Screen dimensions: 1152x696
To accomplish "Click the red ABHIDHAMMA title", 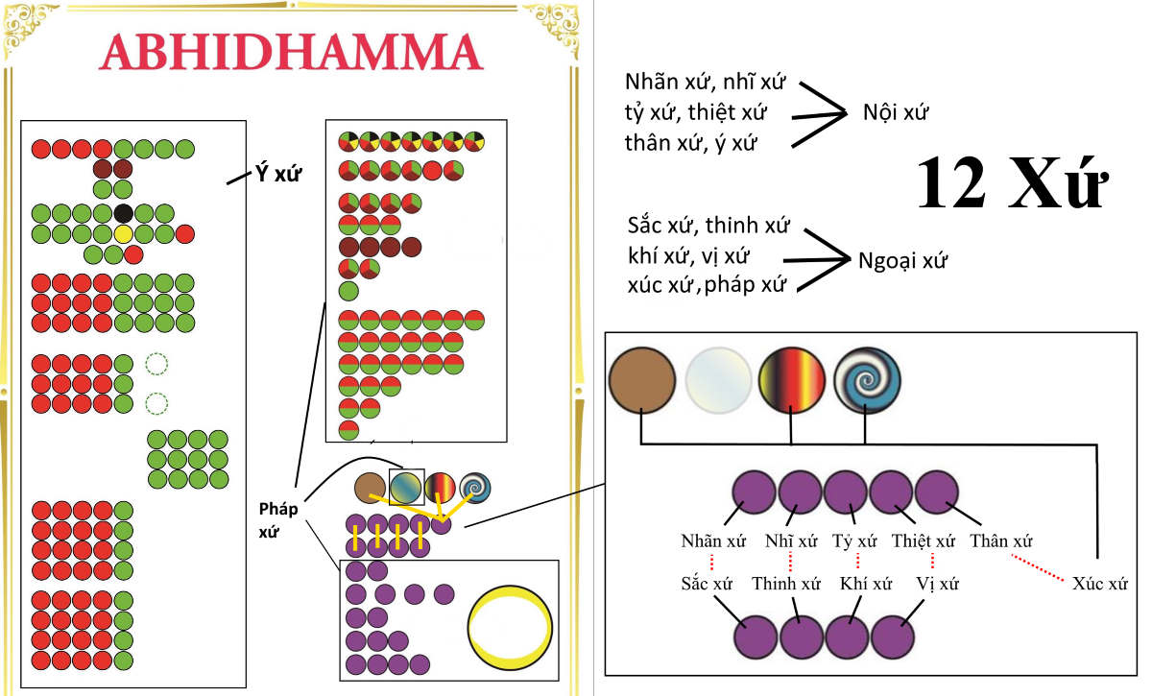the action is pos(291,52).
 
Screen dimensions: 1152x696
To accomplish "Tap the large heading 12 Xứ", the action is pos(1012,182).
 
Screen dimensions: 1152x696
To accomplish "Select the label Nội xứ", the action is pos(896,111).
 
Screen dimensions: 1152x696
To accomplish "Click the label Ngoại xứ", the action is pos(902,260).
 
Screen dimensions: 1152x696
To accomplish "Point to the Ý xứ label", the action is pos(278,174).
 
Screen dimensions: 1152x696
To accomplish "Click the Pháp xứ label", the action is pos(277,520).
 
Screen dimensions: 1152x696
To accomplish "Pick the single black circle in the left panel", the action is pos(124,213).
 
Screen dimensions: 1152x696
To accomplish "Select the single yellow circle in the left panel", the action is pos(124,234).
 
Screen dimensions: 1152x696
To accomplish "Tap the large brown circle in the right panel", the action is pos(642,380).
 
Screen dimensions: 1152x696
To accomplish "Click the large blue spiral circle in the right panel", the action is pos(867,380).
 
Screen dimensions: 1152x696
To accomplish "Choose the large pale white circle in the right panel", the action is pos(718,380).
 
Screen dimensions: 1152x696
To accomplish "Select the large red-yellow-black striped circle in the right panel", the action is pos(792,380).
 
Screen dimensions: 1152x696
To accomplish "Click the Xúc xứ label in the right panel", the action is pos(1100,584).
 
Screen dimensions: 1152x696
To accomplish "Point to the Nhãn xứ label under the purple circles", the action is pos(713,540).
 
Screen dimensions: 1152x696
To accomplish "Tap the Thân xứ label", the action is pos(1000,540).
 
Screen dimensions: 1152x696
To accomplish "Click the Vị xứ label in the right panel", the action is pos(938,584).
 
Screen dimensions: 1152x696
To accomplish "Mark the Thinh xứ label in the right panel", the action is pos(786,584).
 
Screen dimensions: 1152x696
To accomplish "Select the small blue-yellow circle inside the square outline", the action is pos(406,488).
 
